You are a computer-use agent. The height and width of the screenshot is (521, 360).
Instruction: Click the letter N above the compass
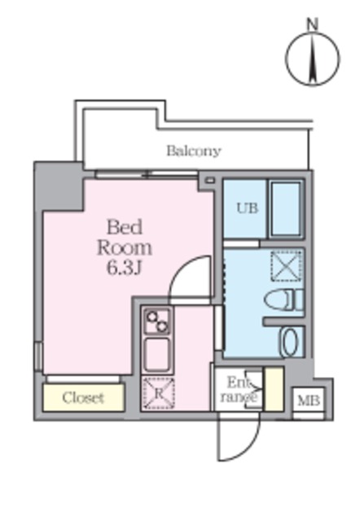click(311, 24)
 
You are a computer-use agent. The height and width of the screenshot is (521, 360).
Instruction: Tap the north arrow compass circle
click(312, 58)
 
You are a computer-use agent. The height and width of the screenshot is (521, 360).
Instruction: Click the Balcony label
click(194, 151)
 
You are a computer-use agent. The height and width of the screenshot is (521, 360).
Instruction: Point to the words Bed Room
click(126, 236)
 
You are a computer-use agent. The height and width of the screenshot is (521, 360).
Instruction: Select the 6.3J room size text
click(125, 266)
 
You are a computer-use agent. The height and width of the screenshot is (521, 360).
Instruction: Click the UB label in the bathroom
click(247, 208)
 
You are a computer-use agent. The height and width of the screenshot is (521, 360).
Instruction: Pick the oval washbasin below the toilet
click(289, 342)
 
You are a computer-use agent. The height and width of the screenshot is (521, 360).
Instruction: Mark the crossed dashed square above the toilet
click(286, 265)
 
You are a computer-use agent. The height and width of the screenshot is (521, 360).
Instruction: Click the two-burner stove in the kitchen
click(156, 321)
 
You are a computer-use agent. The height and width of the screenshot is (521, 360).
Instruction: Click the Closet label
click(83, 398)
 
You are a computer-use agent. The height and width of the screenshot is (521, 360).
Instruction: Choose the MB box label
click(308, 401)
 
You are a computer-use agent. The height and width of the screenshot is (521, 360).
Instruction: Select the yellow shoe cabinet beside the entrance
click(274, 389)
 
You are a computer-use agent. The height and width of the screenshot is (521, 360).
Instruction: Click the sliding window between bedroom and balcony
click(147, 173)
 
